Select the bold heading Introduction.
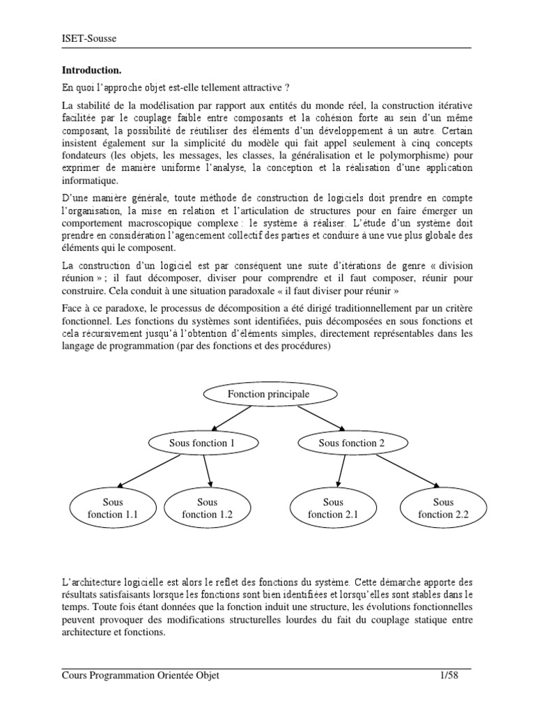coord(92,70)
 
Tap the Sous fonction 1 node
coord(199,443)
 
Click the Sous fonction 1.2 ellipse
coord(207,508)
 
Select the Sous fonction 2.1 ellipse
coord(333,508)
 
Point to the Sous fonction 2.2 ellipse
coord(443,508)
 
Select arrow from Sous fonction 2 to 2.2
coord(407,473)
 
